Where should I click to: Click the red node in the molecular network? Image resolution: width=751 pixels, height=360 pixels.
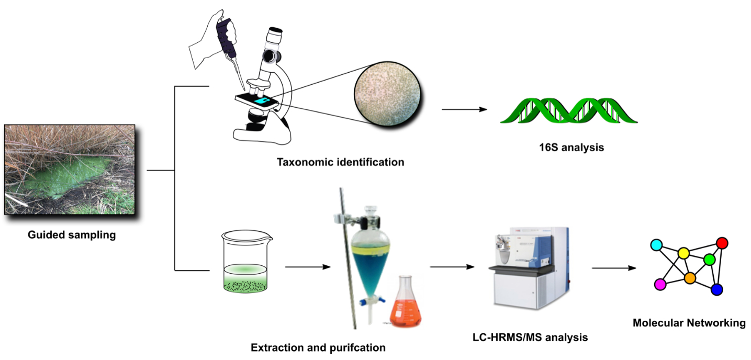coord(722,243)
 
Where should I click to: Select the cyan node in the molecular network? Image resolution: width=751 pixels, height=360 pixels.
coord(656,244)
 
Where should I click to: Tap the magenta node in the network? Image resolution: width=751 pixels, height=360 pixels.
coord(660,284)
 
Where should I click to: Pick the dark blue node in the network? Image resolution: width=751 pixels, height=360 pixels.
coord(716,289)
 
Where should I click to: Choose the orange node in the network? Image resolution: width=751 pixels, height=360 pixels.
coord(689,278)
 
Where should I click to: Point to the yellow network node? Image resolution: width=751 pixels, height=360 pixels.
coord(683,253)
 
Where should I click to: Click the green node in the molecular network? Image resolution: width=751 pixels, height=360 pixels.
coord(709,259)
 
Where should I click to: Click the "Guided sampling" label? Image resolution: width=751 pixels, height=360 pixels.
coord(72,235)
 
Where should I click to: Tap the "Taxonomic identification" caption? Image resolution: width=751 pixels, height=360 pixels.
coord(340,162)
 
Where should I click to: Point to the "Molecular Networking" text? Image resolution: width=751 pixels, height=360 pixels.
coord(689,323)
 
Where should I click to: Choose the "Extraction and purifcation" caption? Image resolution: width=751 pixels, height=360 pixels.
coord(318,347)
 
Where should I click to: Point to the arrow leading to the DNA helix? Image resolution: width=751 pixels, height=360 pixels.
coord(464,110)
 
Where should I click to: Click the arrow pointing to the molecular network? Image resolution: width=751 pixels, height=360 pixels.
coord(614,268)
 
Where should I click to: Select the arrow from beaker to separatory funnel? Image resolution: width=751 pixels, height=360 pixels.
coord(308,266)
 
